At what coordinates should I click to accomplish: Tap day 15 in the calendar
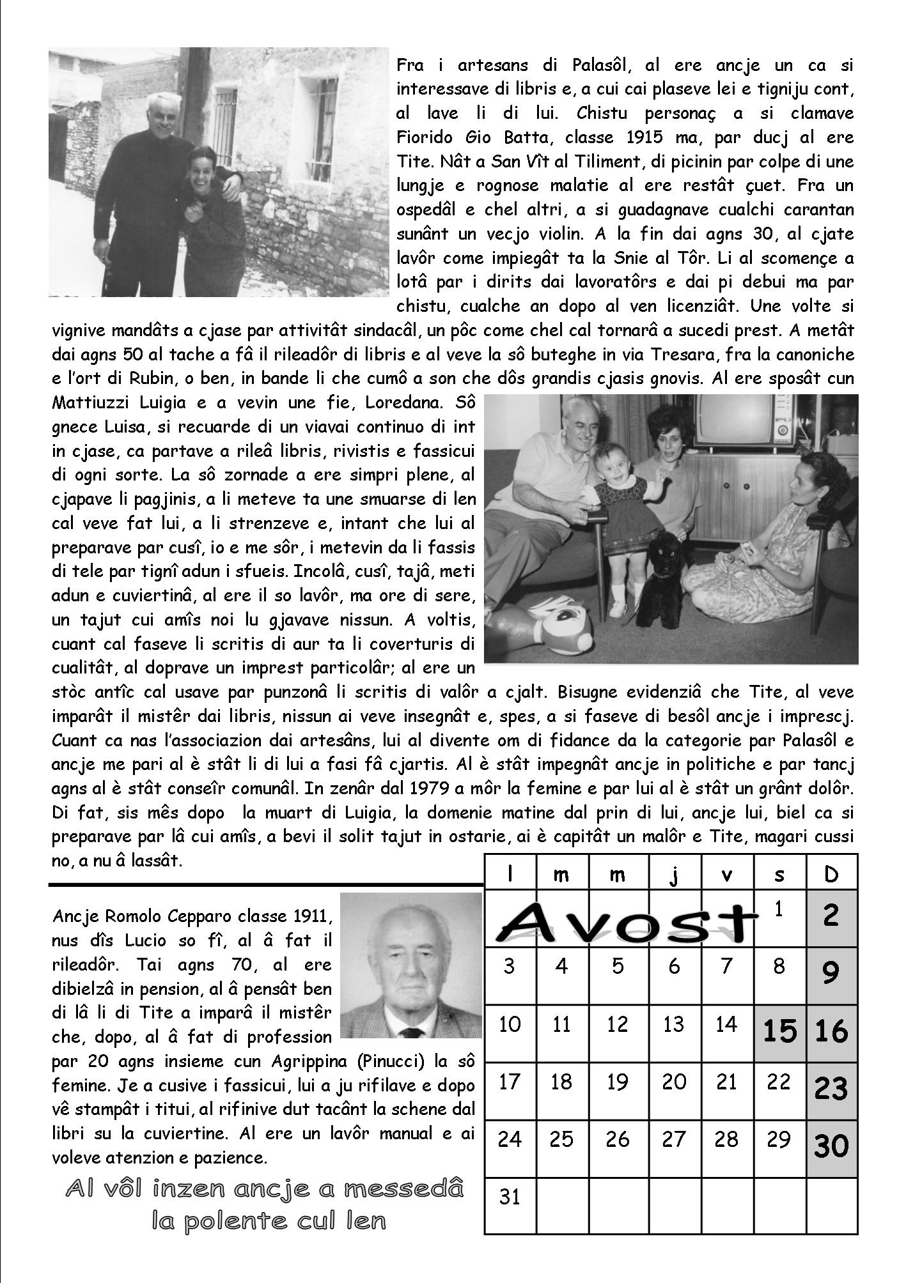pos(779,1031)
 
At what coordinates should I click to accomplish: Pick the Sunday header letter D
pos(831,874)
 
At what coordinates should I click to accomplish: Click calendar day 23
pos(831,1088)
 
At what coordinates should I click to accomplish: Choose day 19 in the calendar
pos(618,1082)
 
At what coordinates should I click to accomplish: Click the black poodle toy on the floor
pos(659,577)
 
